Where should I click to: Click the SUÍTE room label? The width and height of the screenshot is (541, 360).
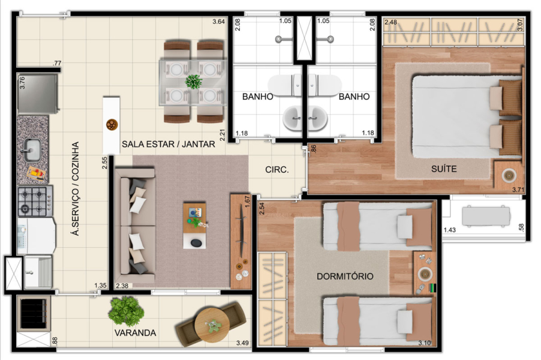point(444,169)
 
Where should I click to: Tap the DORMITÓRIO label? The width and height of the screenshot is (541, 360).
point(345,276)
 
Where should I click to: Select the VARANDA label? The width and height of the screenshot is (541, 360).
point(136,333)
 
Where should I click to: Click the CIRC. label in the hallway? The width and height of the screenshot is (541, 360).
point(276,170)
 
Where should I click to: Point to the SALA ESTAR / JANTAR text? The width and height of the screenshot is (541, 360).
point(169,144)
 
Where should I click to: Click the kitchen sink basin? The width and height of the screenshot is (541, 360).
point(32,150)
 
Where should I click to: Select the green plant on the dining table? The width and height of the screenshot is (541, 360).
point(194,82)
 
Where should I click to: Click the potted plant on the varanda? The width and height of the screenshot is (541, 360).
point(126,311)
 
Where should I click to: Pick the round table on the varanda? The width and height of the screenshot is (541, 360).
point(212,325)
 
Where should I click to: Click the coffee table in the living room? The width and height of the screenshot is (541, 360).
point(194,226)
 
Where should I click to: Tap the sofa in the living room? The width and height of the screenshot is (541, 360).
point(135,226)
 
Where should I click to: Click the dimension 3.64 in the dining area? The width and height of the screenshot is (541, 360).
point(218,22)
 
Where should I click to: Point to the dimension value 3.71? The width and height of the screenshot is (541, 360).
point(518,190)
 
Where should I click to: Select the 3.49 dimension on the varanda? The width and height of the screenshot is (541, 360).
point(242,343)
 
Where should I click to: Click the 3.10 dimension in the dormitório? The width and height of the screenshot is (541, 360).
point(425,343)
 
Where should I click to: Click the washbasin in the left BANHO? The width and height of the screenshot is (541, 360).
point(292,118)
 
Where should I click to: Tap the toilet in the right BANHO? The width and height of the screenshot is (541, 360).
point(324,85)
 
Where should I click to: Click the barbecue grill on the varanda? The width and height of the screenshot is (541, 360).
point(33,313)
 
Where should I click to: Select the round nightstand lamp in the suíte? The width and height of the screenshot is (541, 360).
point(509,175)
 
